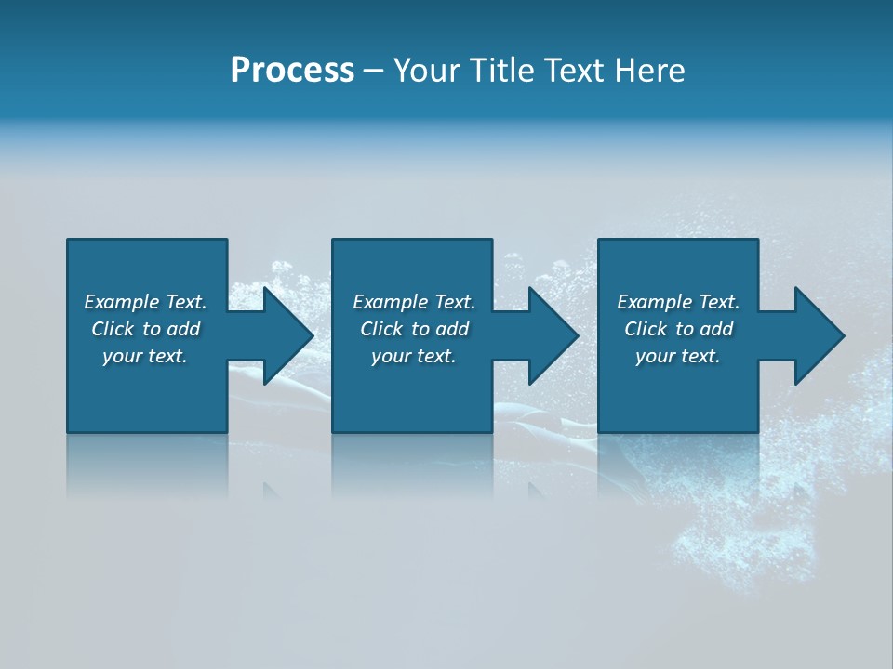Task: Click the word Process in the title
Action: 292,71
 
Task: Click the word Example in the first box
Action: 122,302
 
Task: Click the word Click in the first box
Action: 112,329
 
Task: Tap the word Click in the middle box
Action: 380,329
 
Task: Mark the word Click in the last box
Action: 645,329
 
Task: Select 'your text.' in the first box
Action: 145,356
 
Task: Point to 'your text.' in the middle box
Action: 414,356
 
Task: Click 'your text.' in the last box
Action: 678,356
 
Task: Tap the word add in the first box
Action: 183,329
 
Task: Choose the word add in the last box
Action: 716,329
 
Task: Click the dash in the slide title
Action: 374,71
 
